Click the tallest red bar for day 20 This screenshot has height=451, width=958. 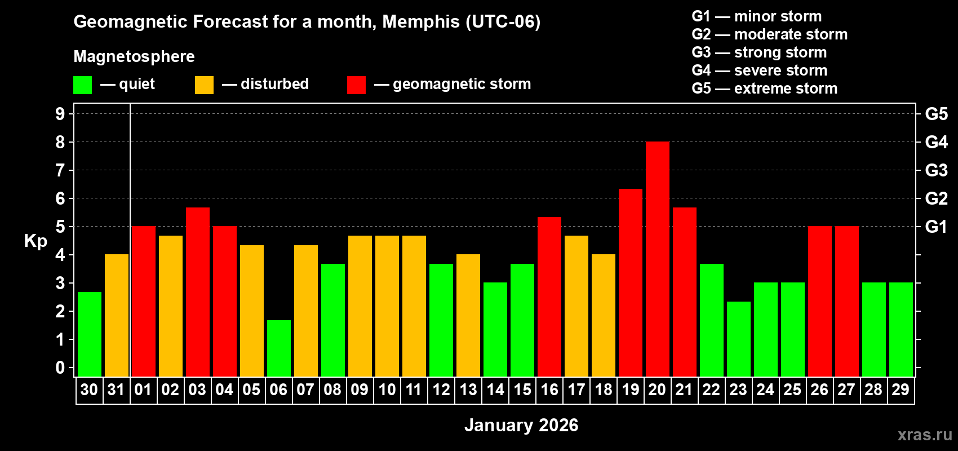coord(657,259)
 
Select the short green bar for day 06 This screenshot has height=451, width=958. coord(279,348)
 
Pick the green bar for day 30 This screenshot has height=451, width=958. coord(90,334)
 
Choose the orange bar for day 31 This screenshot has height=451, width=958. coord(117,316)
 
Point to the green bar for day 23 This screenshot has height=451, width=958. coord(738,339)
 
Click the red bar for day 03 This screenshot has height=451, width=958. coord(198,292)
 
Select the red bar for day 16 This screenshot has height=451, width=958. coord(549,297)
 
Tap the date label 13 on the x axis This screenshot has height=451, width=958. coord(468,390)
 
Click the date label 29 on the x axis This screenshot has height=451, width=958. coord(901,390)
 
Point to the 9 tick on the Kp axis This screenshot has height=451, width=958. coord(60,114)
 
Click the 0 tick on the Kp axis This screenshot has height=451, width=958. coord(60,368)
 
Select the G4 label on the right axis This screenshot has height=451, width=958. coord(936,142)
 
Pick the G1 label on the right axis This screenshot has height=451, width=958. coord(936,227)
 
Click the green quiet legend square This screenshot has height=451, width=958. coord(83,85)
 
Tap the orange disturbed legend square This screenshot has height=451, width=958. coord(204,85)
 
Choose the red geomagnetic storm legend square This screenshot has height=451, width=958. coord(356,85)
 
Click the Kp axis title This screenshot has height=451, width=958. coord(36,241)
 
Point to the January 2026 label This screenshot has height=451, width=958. coord(521,425)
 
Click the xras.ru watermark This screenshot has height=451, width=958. coord(925,434)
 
